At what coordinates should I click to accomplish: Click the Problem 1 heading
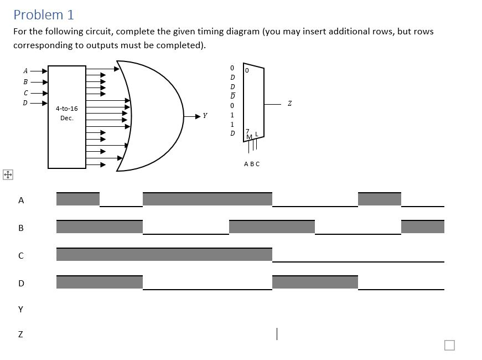(43, 15)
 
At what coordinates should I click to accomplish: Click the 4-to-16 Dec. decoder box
(67, 117)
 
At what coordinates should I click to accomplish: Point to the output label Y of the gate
(205, 116)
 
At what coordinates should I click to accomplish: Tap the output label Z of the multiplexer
(289, 104)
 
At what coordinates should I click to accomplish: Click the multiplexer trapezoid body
(254, 102)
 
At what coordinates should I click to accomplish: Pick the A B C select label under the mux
(251, 164)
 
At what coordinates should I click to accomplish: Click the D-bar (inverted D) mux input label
(232, 96)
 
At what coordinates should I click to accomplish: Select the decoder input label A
(25, 70)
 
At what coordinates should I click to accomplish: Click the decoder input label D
(25, 102)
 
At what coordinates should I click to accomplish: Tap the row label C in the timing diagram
(21, 256)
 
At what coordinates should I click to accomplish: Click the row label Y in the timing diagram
(21, 309)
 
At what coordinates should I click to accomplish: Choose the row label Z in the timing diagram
(21, 335)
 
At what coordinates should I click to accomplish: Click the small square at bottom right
(449, 345)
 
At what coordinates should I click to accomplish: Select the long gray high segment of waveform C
(164, 254)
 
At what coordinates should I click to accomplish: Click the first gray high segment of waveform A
(78, 199)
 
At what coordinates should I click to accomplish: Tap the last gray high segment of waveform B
(422, 227)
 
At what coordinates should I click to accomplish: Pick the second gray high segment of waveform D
(315, 282)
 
